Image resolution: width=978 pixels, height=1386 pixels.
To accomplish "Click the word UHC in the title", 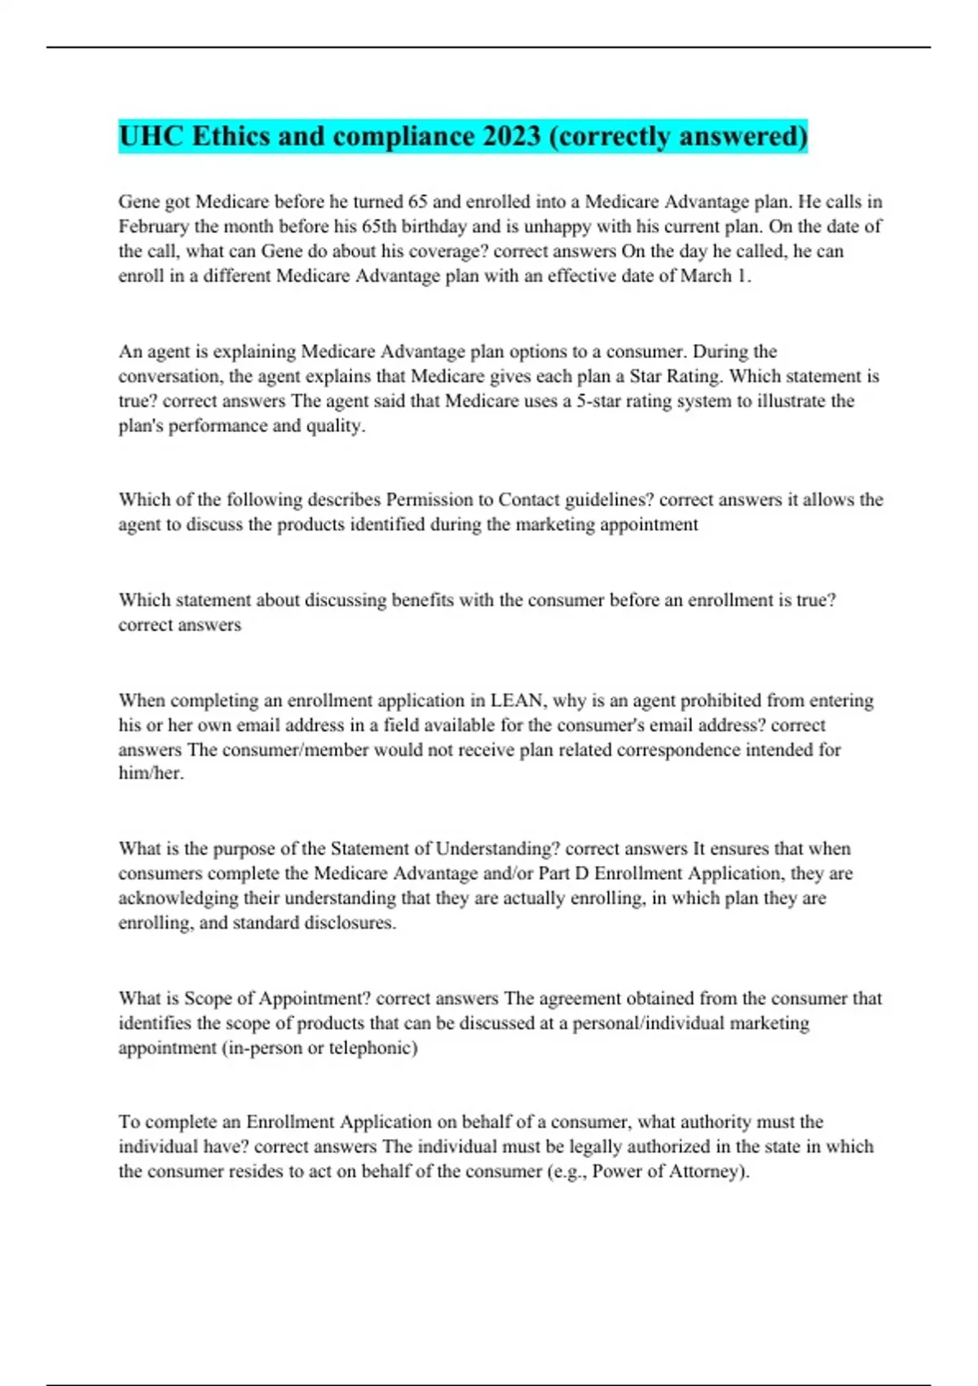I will click(x=151, y=136).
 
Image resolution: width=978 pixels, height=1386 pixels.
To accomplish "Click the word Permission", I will click(x=429, y=500).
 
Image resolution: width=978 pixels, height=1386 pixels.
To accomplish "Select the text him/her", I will click(x=151, y=774).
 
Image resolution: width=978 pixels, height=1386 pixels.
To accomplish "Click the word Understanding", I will click(x=496, y=849).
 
